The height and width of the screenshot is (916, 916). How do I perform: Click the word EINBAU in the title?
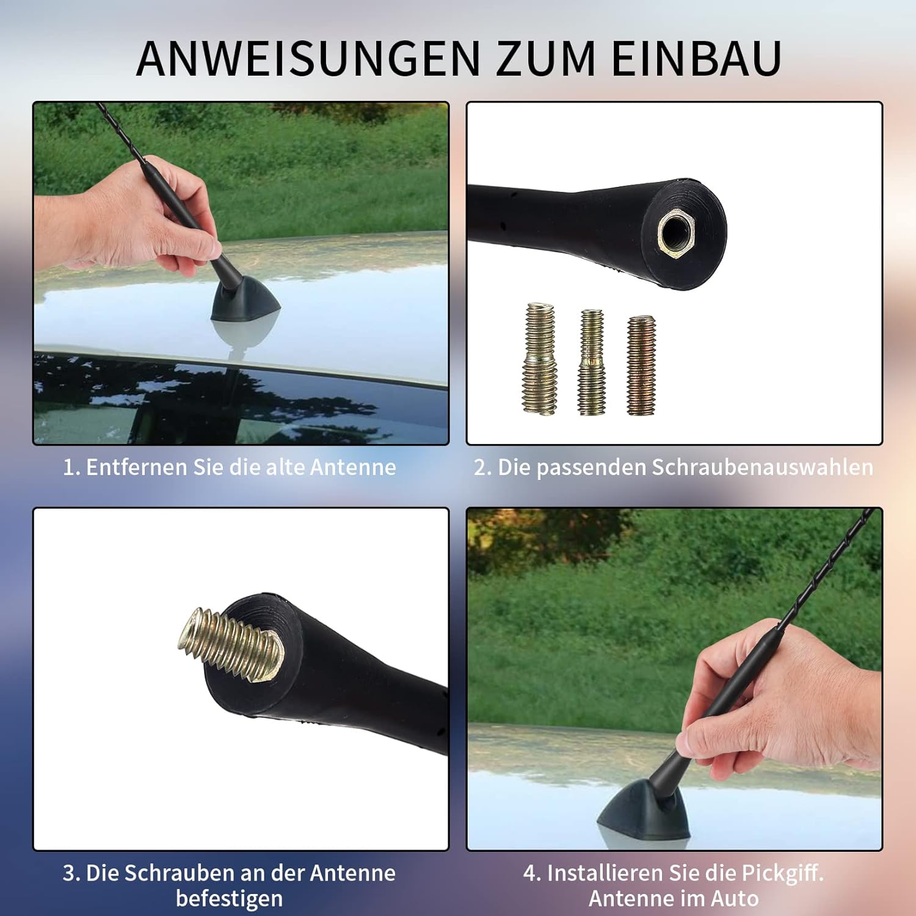tap(696, 59)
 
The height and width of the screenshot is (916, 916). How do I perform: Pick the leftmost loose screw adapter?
tap(540, 359)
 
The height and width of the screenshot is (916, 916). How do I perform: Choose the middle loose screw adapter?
tap(592, 362)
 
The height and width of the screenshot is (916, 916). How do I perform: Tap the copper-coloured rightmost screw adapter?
tap(641, 365)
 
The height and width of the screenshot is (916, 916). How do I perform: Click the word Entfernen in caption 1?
tap(137, 467)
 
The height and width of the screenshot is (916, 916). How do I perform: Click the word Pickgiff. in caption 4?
tap(782, 873)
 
